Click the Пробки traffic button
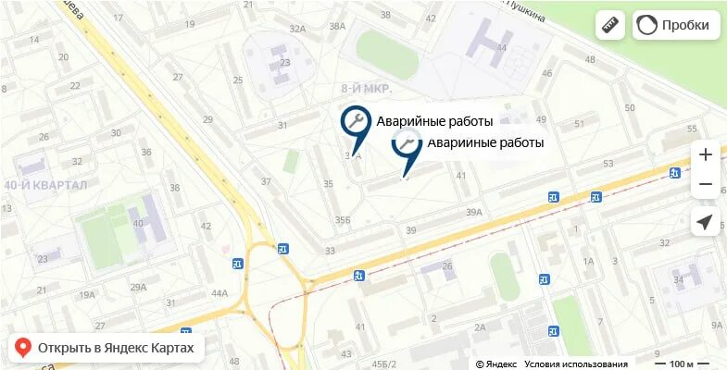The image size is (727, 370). coord(676,25)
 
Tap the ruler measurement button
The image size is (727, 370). coord(609,25)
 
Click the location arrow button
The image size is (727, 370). coord(705,222)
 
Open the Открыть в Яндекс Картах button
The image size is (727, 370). coord(106,348)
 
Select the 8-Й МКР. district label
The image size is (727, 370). coord(367,89)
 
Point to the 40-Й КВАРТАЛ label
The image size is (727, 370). coord(45,186)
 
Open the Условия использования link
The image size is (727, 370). coord(575,364)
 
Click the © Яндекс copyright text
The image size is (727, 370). coord(496,364)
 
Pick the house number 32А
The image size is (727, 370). coord(297,30)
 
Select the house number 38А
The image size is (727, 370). coord(337,26)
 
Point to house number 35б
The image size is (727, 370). coord(343,219)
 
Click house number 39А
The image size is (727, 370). coord(474,212)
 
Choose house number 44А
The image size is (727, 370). coord(219,293)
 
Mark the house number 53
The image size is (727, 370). coord(608,164)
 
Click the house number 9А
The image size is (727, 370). coord(716,325)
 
